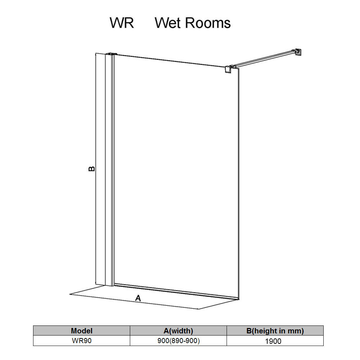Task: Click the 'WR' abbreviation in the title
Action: pyautogui.click(x=122, y=23)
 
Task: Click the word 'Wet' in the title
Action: pyautogui.click(x=169, y=23)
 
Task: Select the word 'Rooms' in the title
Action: pyautogui.click(x=208, y=23)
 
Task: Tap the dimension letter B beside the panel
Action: pyautogui.click(x=92, y=169)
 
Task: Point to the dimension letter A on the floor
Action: pyautogui.click(x=138, y=298)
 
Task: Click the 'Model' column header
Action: pyautogui.click(x=82, y=331)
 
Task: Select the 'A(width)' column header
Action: pyautogui.click(x=178, y=331)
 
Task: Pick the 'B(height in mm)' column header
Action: pyautogui.click(x=275, y=331)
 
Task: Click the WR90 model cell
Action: pyautogui.click(x=82, y=341)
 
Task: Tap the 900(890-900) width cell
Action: pyautogui.click(x=178, y=341)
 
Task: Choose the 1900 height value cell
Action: pyautogui.click(x=273, y=341)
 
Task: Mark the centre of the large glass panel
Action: pyautogui.click(x=177, y=177)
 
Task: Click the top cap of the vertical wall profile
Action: pyautogui.click(x=111, y=54)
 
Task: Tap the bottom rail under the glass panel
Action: pyautogui.click(x=177, y=292)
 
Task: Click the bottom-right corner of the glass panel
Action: pyautogui.click(x=239, y=299)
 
